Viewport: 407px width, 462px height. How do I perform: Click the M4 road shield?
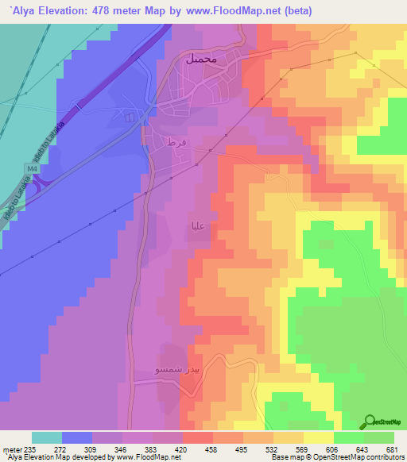32,169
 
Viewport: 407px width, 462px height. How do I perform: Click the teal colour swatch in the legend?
47,437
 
